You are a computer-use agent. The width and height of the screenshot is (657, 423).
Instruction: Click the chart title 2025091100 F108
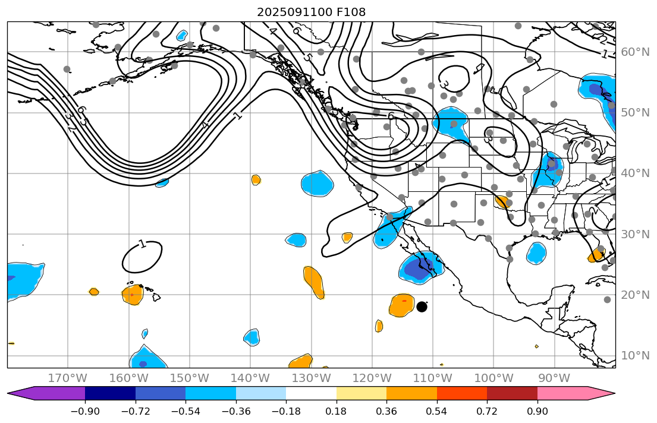click(x=311, y=12)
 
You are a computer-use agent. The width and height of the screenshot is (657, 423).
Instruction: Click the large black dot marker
click(x=422, y=307)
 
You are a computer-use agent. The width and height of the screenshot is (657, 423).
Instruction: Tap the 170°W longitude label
click(x=68, y=378)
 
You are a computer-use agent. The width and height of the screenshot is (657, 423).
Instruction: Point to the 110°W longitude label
click(x=433, y=378)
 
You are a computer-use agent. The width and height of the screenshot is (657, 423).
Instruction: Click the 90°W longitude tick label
click(x=555, y=378)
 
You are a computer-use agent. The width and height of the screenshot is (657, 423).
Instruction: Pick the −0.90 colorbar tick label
click(x=85, y=411)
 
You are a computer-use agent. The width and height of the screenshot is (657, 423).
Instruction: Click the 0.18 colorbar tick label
click(x=337, y=411)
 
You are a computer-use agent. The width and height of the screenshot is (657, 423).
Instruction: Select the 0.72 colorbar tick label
click(x=487, y=411)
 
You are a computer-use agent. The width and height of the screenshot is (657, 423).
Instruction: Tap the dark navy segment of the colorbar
click(x=110, y=393)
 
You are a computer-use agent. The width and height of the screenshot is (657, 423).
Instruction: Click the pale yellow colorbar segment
click(x=361, y=393)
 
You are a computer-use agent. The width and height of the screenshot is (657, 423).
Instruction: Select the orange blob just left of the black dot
click(x=402, y=305)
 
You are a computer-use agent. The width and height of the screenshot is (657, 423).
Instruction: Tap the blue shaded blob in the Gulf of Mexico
click(x=536, y=254)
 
